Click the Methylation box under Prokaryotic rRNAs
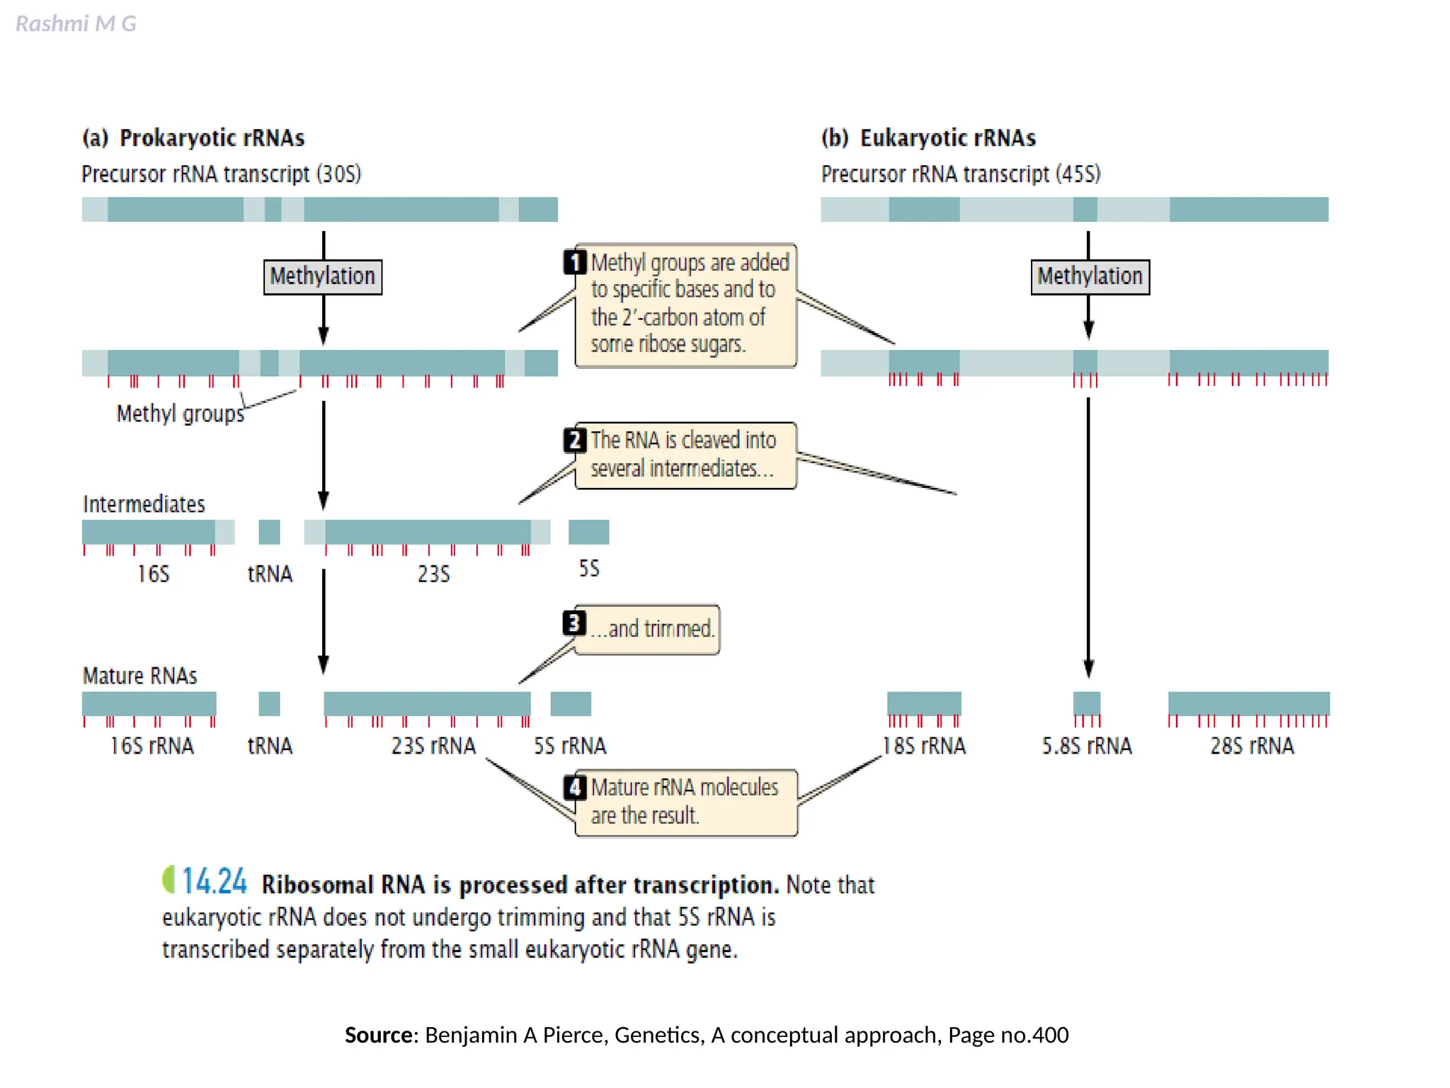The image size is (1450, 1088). (323, 276)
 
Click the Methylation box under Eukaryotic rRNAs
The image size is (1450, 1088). (1090, 276)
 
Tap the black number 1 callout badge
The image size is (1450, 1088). (574, 262)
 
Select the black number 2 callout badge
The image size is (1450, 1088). (574, 440)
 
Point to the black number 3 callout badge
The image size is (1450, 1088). (573, 623)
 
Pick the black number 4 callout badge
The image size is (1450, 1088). (574, 787)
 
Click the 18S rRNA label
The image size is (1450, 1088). (924, 746)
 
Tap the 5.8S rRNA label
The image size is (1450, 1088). (1087, 746)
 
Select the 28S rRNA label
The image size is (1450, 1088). (1252, 746)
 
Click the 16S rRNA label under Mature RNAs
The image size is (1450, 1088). (152, 746)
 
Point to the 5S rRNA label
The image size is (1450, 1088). (570, 746)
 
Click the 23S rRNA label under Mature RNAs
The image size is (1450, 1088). (433, 746)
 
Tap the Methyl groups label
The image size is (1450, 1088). (180, 413)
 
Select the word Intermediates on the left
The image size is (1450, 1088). (144, 504)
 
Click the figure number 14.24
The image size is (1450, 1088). (215, 882)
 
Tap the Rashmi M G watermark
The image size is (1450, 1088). (76, 24)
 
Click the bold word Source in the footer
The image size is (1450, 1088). (379, 1035)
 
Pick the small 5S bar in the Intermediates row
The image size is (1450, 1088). (588, 532)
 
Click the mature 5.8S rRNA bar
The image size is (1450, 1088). (1087, 703)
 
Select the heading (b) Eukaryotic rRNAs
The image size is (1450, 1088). (928, 137)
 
